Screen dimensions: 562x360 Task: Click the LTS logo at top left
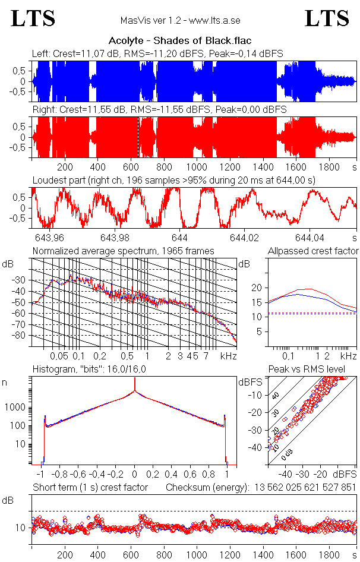(x=33, y=18)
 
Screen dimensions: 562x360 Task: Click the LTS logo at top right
(x=327, y=18)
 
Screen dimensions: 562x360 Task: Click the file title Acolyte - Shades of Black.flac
(x=179, y=41)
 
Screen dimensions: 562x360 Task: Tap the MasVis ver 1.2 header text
(x=179, y=21)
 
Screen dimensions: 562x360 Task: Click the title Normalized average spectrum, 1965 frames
(x=123, y=251)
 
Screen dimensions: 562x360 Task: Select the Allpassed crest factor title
(x=313, y=251)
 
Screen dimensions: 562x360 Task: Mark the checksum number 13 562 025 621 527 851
(x=304, y=488)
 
